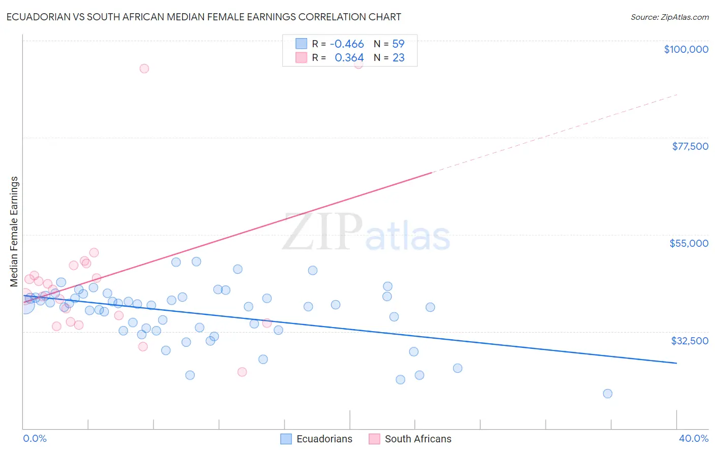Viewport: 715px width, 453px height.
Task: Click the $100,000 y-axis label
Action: (686, 49)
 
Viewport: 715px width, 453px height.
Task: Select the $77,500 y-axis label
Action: (690, 146)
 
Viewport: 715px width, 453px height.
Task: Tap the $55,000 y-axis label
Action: (689, 243)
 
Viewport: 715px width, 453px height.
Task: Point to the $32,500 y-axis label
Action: (690, 341)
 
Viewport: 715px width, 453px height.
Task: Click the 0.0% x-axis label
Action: (35, 439)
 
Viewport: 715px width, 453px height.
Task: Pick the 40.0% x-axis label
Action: (693, 439)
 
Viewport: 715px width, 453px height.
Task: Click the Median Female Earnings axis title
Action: (14, 232)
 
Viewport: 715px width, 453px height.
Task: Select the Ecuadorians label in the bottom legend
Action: (324, 439)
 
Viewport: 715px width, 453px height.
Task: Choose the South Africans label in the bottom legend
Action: (418, 439)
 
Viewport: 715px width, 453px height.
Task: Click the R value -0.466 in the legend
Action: (347, 44)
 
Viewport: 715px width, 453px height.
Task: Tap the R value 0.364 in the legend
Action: (349, 58)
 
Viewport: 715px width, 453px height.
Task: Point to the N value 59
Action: (398, 44)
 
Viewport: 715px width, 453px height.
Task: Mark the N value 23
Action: (398, 58)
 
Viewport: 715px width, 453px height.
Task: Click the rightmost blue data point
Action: (607, 394)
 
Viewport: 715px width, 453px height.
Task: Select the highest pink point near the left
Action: (144, 69)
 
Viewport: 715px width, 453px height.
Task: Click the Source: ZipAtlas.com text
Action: (669, 17)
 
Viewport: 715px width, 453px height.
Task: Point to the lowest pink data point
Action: (242, 372)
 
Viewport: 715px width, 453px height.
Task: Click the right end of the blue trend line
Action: (676, 363)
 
